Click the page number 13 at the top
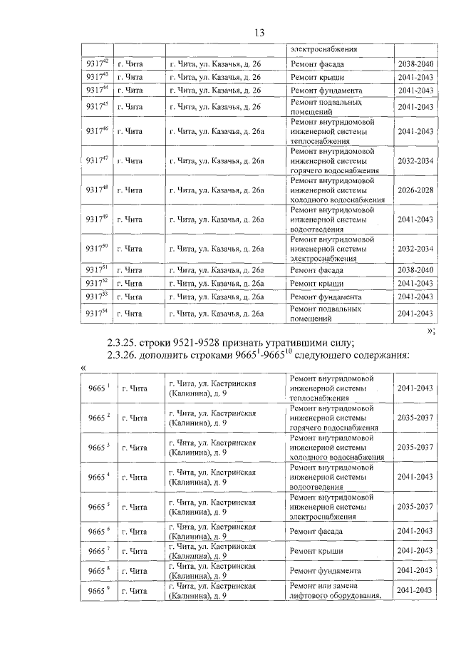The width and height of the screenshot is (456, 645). [x=259, y=33]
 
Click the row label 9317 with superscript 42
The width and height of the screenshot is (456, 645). [x=96, y=63]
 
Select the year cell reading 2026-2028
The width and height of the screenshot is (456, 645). [x=415, y=190]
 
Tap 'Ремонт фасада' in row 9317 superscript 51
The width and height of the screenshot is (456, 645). [x=317, y=271]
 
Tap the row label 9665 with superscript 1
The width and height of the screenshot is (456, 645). [x=97, y=388]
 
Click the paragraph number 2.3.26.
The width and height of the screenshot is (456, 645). [x=127, y=355]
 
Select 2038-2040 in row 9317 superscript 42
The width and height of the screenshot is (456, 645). [x=415, y=63]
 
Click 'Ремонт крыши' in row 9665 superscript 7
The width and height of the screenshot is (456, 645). [x=317, y=551]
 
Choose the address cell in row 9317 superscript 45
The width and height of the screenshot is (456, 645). [x=214, y=107]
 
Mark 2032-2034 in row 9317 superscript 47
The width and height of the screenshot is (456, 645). [x=415, y=160]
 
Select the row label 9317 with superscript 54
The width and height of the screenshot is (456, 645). [x=96, y=313]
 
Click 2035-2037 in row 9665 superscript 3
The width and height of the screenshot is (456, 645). [x=415, y=447]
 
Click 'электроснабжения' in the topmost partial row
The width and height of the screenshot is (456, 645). [x=323, y=50]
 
